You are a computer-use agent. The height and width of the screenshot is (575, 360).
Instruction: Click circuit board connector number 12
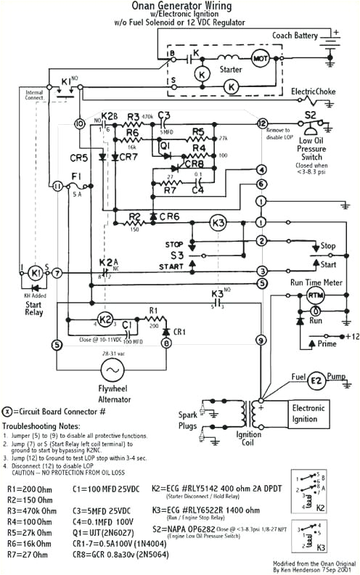pyautogui.click(x=262, y=124)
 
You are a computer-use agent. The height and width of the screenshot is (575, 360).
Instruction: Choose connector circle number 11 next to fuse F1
pyautogui.click(x=58, y=187)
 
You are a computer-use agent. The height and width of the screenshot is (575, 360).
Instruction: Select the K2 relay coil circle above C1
pyautogui.click(x=105, y=319)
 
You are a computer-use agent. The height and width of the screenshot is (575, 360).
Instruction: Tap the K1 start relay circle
pyautogui.click(x=35, y=273)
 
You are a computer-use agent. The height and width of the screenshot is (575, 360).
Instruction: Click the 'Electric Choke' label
pyautogui.click(x=313, y=92)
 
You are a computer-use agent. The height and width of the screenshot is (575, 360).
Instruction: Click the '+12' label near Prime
pyautogui.click(x=352, y=337)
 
